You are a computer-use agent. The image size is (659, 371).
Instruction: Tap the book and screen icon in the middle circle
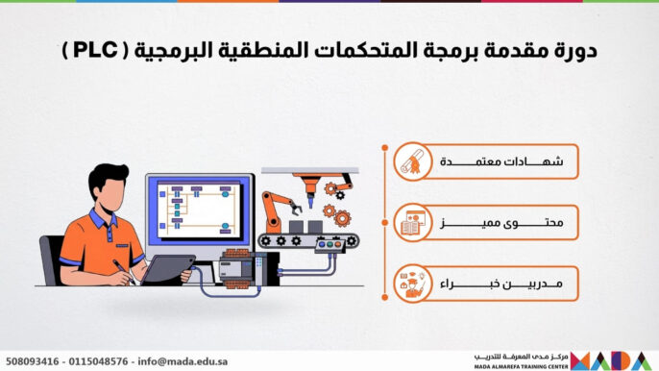(411, 225)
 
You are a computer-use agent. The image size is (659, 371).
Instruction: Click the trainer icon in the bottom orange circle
(411, 284)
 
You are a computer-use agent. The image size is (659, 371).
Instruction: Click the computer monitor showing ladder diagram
(199, 206)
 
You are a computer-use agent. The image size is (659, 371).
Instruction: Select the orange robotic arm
(280, 210)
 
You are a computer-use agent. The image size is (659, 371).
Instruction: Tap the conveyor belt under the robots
(309, 241)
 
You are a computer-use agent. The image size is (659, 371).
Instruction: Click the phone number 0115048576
(100, 361)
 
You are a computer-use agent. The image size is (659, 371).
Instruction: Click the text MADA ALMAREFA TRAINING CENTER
(519, 365)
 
